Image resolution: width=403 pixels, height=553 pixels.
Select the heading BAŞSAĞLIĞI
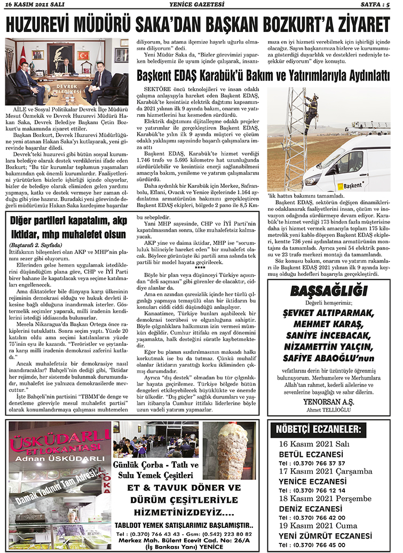[329, 291]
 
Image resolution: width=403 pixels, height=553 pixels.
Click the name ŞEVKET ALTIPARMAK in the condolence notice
[329, 312]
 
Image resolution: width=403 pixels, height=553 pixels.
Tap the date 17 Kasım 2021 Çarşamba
[325, 471]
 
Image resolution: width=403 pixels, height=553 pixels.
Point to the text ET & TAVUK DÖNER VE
[185, 488]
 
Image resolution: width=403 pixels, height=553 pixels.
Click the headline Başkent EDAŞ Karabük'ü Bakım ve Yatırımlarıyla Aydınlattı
[263, 76]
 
